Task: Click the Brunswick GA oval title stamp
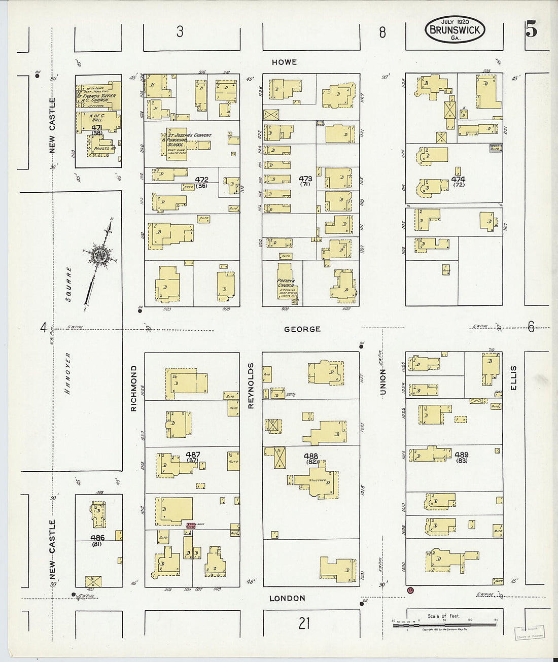tap(455, 29)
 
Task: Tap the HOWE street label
tap(284, 62)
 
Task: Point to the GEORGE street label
tap(302, 329)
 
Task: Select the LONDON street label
tap(287, 599)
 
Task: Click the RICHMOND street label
tap(134, 388)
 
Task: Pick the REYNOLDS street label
tap(251, 386)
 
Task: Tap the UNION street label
tap(383, 381)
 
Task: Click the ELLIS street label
tap(513, 377)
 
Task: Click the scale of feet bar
tap(444, 624)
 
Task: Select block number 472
tap(201, 180)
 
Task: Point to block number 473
tap(305, 179)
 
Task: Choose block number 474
tap(458, 179)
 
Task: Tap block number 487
tap(193, 455)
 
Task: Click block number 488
tap(311, 456)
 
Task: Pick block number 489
tap(462, 455)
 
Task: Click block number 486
tap(97, 538)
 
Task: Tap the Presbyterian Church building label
tap(286, 283)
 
